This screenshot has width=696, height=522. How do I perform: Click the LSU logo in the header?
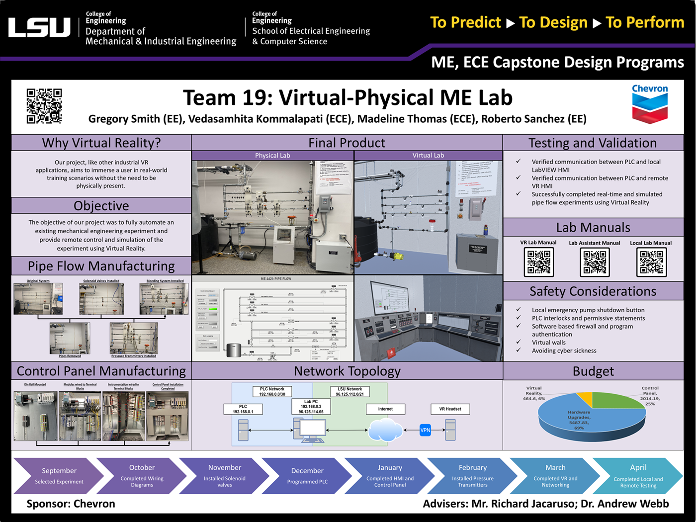coord(39,27)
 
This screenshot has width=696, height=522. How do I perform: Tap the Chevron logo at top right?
coord(650,103)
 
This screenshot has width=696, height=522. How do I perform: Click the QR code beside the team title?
coord(44,106)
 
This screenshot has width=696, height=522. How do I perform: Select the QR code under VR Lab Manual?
coord(538,261)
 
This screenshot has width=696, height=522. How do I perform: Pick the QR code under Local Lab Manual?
coord(651,261)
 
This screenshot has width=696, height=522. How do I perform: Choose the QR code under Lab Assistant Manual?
coord(595,261)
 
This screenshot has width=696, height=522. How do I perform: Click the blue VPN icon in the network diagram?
coord(425,430)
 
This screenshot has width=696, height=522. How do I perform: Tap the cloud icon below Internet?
coord(385,430)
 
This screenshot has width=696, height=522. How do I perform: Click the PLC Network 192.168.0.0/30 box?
coord(272,391)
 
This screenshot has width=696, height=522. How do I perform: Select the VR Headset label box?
coord(450,409)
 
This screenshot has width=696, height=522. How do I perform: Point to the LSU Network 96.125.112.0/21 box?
coord(349,391)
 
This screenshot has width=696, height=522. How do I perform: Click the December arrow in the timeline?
coord(307,476)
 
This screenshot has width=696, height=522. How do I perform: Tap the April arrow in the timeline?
coord(638,476)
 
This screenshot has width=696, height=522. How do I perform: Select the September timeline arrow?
coord(59,476)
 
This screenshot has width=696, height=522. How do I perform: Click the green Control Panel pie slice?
coord(619,400)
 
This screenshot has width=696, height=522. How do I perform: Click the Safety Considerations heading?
coord(593,291)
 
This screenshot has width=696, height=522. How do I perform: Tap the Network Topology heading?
coord(347,371)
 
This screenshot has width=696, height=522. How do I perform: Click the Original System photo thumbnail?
coord(38,298)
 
